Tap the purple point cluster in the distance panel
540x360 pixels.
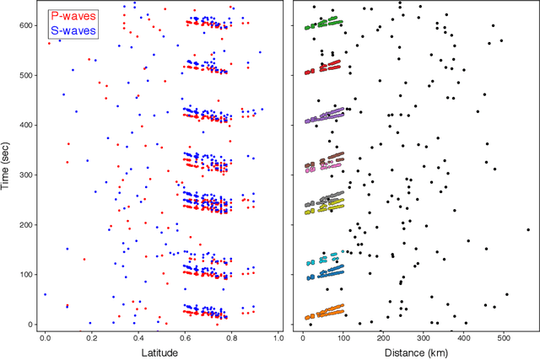tap(324, 116)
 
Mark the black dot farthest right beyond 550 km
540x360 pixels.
tap(528, 228)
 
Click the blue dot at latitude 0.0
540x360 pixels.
tap(45, 294)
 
